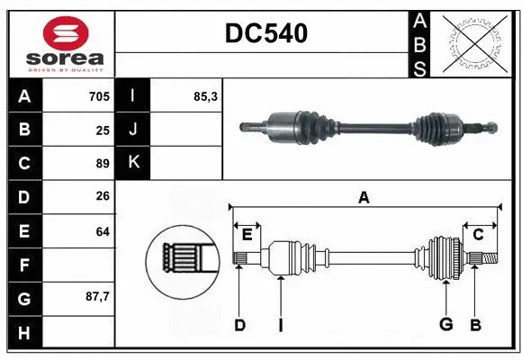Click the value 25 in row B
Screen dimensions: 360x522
tap(102, 130)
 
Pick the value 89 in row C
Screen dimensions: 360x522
tap(102, 164)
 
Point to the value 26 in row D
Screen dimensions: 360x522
tap(102, 197)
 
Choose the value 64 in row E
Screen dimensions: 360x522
tap(102, 231)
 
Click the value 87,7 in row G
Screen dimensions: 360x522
tap(96, 297)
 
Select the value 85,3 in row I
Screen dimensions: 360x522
tap(205, 95)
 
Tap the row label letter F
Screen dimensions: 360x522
tap(24, 265)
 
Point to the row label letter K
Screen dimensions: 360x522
tap(133, 163)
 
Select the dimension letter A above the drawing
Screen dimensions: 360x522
tap(364, 197)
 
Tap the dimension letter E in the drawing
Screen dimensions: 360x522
tap(247, 235)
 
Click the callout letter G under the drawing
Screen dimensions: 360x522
tap(445, 325)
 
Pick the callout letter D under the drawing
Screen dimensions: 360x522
tap(239, 325)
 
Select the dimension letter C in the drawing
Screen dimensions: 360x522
tap(478, 235)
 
